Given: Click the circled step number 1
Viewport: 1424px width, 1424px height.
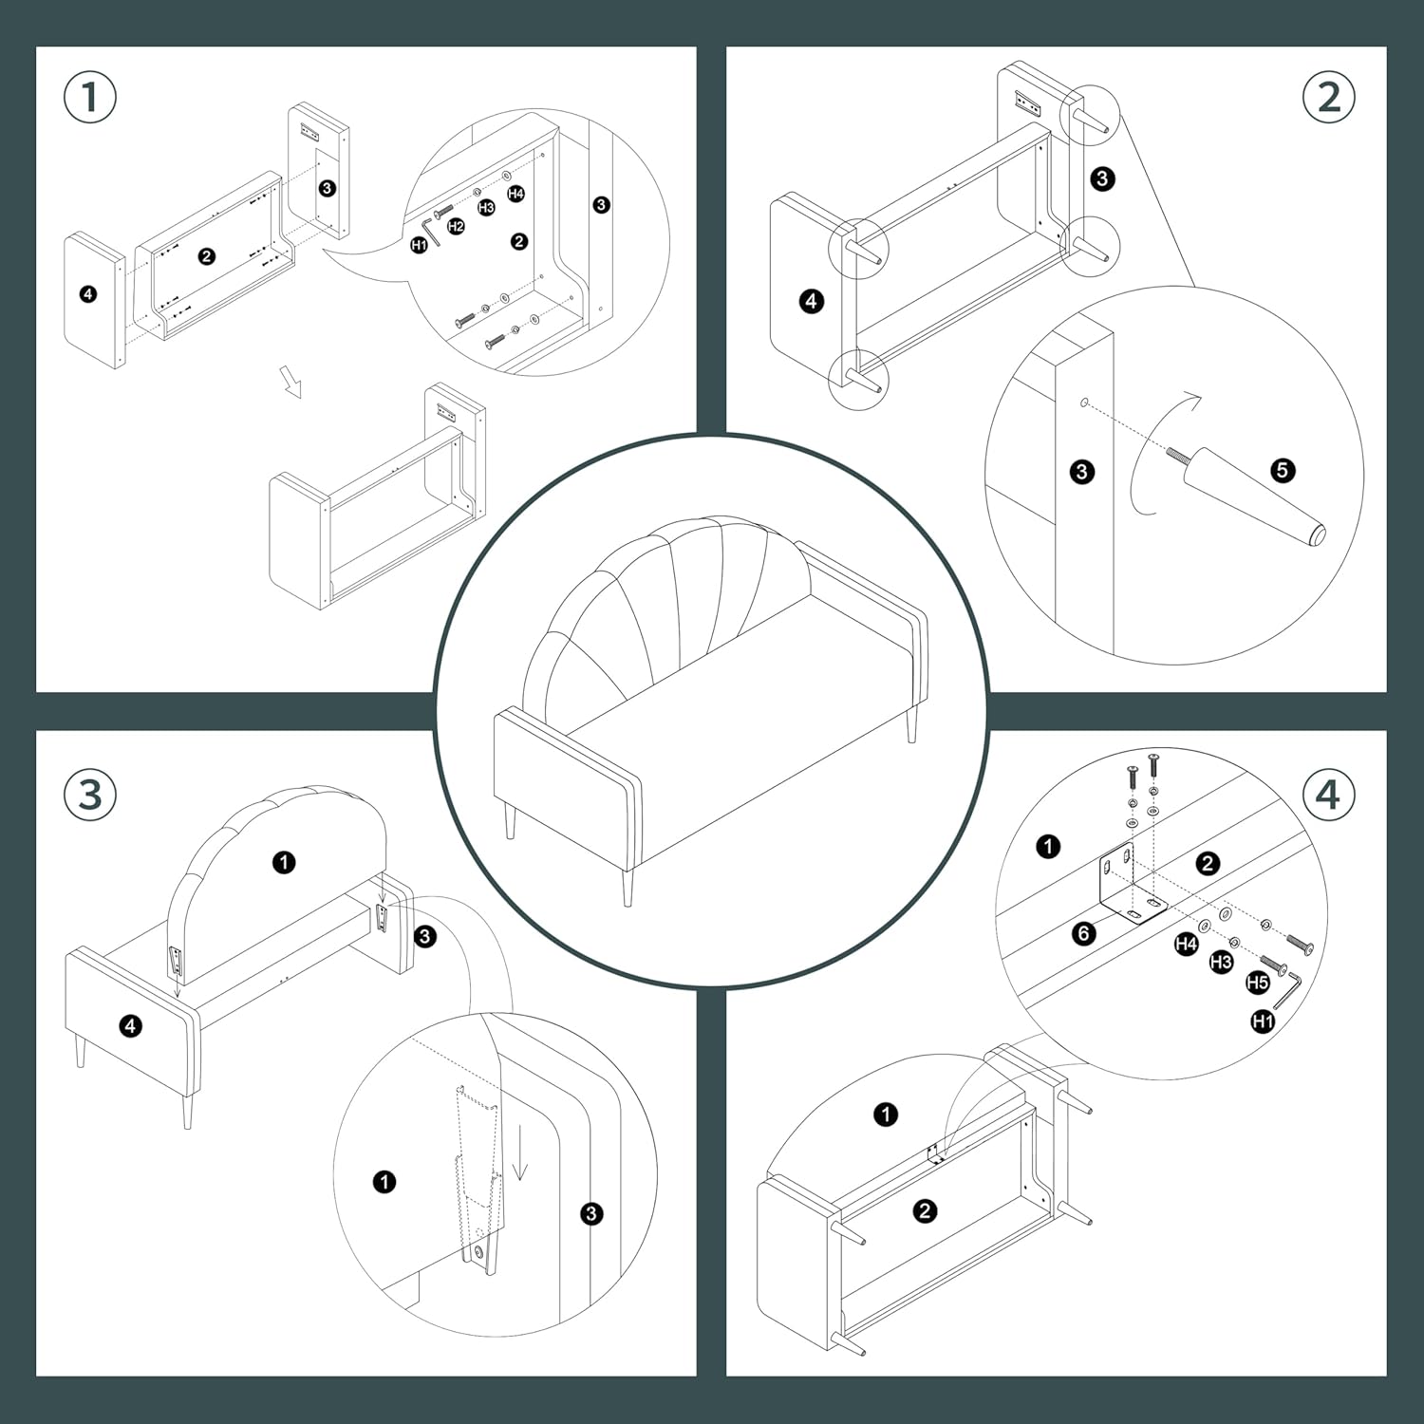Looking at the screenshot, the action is (x=90, y=98).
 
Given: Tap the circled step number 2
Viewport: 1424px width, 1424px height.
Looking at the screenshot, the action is (x=1329, y=98).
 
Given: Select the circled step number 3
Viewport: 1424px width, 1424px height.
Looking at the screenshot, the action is (x=90, y=795).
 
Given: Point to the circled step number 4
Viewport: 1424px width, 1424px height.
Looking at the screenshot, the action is (x=1328, y=795).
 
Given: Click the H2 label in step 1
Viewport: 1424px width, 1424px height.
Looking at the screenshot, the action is (x=457, y=226).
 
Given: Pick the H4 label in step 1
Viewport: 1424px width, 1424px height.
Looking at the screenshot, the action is (x=515, y=194).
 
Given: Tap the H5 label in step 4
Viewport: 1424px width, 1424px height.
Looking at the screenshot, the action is (x=1258, y=983).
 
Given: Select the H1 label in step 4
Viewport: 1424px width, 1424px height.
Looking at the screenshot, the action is (x=1263, y=1021).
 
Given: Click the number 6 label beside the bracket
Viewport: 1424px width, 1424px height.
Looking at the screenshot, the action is (x=1084, y=934).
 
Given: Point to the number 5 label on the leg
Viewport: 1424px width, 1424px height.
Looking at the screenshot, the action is (x=1283, y=470).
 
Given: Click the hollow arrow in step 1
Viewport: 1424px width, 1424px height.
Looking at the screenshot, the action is (x=290, y=382).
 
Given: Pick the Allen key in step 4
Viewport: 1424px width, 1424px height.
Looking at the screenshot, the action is (x=1289, y=989).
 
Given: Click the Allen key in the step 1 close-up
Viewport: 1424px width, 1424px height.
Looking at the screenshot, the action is (x=431, y=229).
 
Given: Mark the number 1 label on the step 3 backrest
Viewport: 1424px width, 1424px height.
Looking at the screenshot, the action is (x=284, y=862).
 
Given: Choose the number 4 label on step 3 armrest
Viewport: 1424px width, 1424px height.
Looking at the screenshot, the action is (x=130, y=1025).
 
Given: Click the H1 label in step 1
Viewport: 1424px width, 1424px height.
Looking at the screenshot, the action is (x=419, y=245).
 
